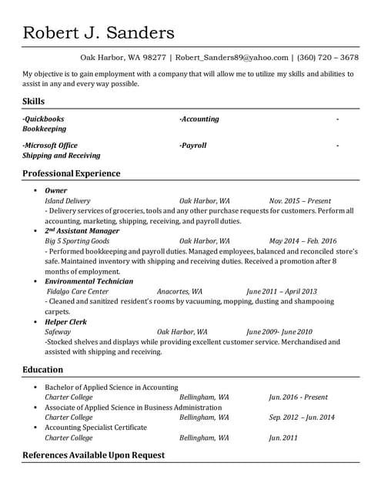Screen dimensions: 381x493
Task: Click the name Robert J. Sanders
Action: tap(99, 32)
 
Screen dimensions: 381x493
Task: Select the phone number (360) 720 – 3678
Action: tap(327, 57)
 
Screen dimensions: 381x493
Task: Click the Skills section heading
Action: tap(33, 102)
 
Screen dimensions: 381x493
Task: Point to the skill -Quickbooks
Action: tap(43, 119)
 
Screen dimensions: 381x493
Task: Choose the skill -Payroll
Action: tap(192, 145)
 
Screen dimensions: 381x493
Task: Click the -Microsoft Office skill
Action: tap(50, 145)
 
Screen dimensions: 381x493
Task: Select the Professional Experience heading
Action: tap(72, 173)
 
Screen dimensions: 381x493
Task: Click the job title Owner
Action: tap(55, 190)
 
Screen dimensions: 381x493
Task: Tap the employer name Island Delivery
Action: tap(67, 200)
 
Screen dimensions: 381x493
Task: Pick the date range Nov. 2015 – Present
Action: tap(300, 200)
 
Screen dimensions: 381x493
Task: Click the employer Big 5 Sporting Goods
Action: tap(77, 241)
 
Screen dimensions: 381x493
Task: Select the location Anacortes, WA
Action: tap(179, 292)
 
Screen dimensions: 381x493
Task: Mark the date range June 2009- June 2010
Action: tap(279, 332)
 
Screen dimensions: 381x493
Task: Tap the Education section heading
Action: tap(43, 370)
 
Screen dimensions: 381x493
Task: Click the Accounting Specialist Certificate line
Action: tap(95, 427)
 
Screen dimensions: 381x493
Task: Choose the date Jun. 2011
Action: tap(284, 438)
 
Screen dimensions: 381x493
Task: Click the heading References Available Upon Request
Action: tap(93, 454)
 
